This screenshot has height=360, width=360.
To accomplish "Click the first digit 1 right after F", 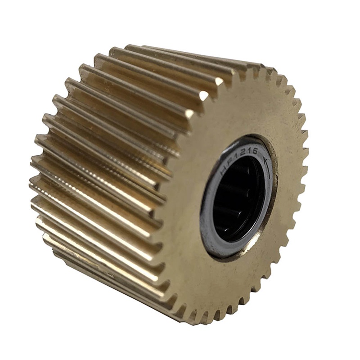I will (235, 156).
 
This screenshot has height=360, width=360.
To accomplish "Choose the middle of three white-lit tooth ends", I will (204, 96).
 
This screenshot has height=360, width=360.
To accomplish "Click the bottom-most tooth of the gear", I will (189, 310).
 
